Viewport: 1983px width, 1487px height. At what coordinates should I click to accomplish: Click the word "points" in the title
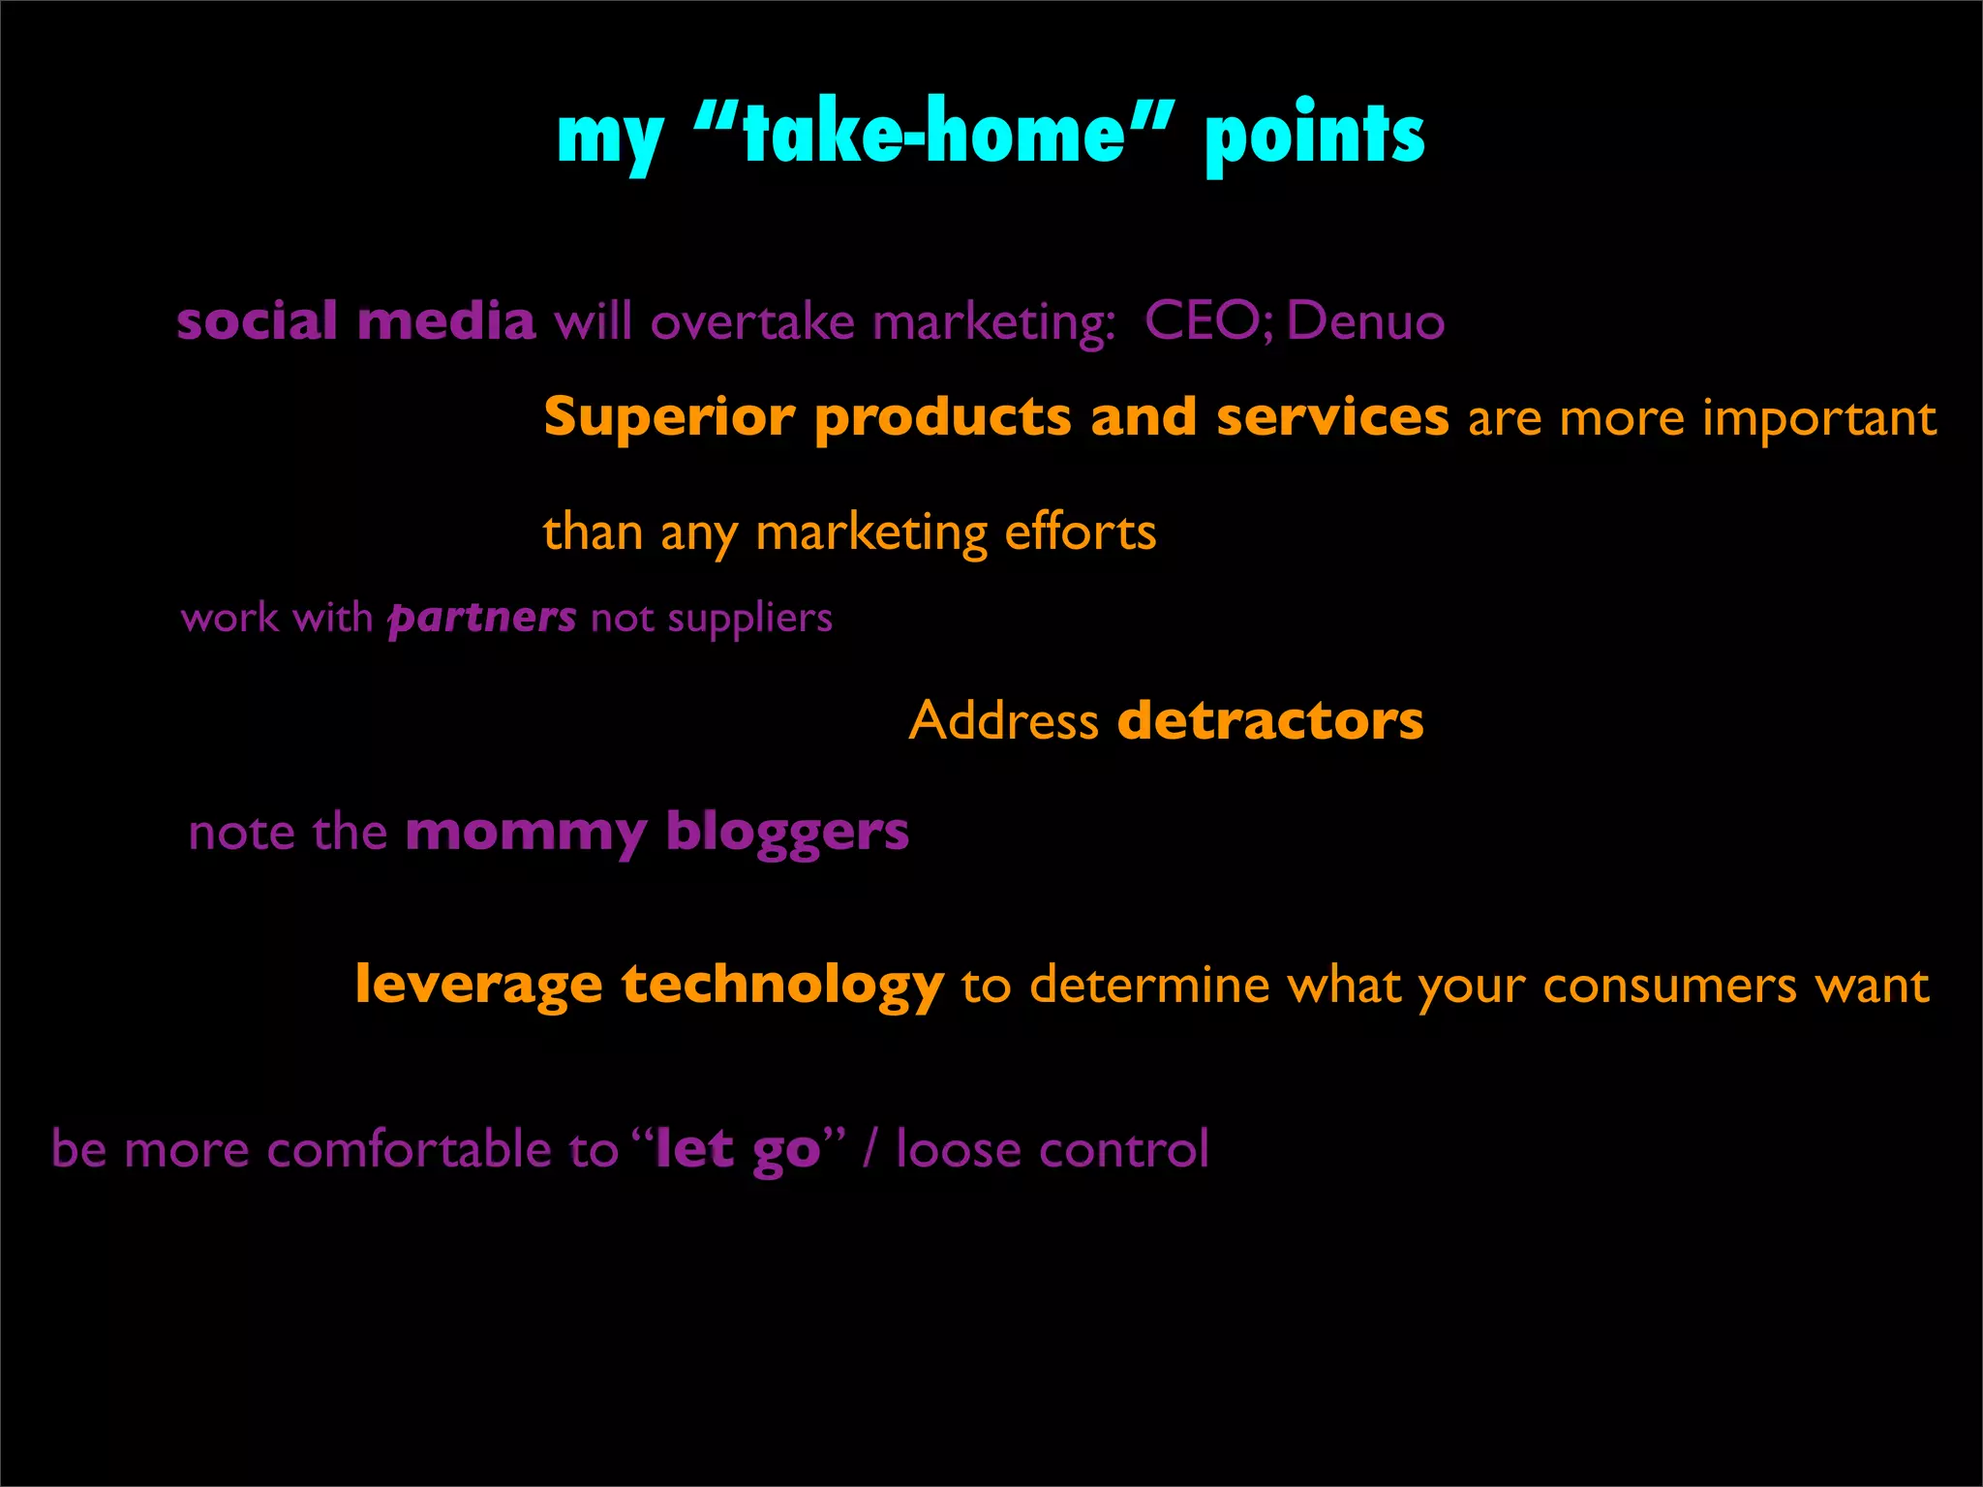pos(1314,137)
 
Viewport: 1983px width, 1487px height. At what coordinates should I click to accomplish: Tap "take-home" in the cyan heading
pos(934,135)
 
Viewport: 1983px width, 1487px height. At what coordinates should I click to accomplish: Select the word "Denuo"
pos(1365,321)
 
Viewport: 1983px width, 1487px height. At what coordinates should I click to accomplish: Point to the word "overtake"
pos(752,322)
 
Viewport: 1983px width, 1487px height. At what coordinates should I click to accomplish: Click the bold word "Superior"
pos(669,418)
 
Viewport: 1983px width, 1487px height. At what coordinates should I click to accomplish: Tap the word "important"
pos(1819,418)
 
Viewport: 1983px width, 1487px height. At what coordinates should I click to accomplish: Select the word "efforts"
pos(1080,532)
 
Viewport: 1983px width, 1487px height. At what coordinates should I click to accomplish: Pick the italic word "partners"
pos(482,618)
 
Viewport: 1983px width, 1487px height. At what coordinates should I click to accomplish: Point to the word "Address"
pos(1003,720)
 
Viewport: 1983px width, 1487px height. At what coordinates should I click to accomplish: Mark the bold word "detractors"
pos(1270,720)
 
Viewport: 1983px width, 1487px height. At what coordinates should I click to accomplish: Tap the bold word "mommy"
pos(526,833)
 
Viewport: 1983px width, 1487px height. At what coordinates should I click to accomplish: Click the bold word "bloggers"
pos(787,833)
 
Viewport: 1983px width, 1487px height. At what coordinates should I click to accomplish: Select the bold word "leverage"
pos(478,985)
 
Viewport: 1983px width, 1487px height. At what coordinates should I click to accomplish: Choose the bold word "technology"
pos(782,985)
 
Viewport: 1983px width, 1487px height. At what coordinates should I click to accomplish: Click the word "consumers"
pos(1670,986)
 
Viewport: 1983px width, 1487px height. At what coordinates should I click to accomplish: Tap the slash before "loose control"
pos(870,1149)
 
